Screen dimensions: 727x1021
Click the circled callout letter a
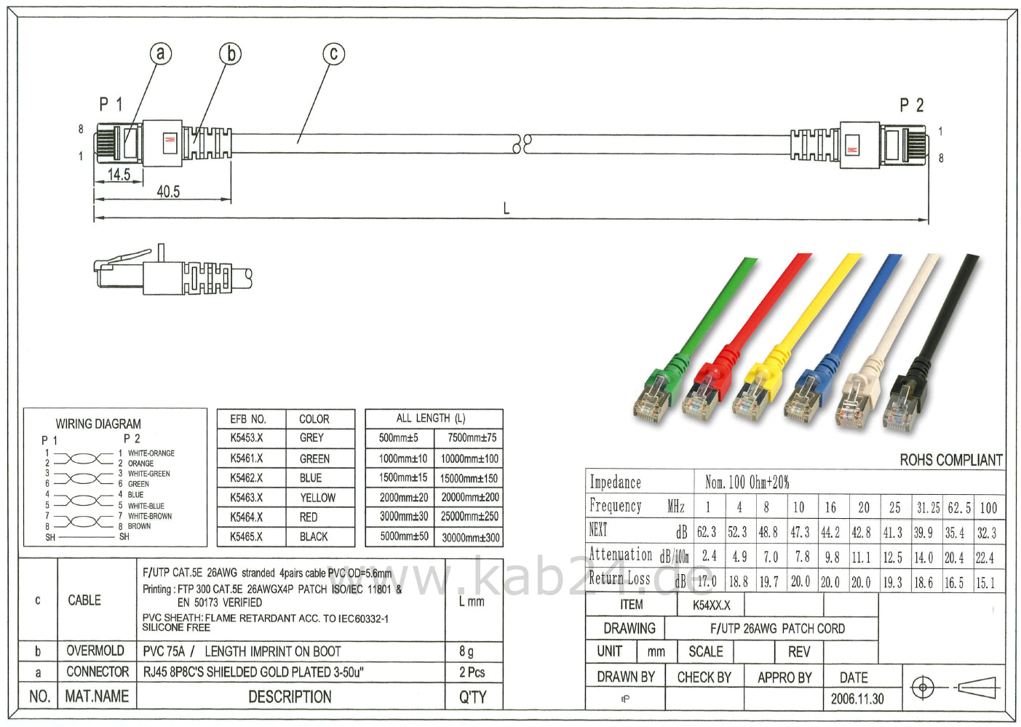160,53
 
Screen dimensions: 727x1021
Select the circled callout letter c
333,53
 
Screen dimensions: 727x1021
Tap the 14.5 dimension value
119,174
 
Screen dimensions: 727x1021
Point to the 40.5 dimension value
168,191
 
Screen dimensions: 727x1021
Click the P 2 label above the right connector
911,106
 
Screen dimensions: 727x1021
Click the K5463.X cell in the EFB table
247,498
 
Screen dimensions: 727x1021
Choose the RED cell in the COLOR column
309,517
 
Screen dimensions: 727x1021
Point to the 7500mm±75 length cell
472,438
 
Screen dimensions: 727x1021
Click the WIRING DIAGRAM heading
98,424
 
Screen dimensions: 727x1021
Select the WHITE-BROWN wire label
150,516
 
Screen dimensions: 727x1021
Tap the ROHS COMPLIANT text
950,460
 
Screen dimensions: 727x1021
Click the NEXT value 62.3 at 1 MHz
706,533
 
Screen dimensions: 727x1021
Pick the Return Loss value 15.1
985,582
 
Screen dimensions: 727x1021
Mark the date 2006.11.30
857,699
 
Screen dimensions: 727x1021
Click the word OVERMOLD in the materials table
95,651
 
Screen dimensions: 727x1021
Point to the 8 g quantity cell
466,651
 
